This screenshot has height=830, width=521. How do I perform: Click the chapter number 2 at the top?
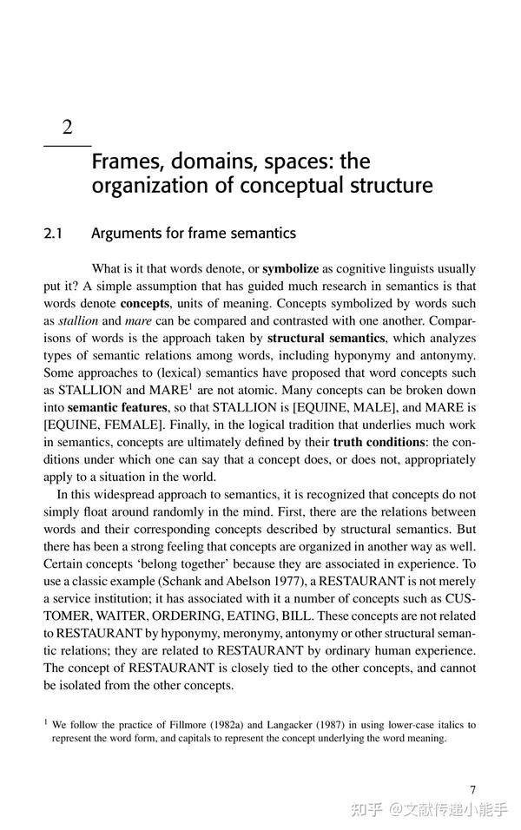(x=66, y=128)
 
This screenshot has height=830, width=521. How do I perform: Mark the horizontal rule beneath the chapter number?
(x=67, y=144)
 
